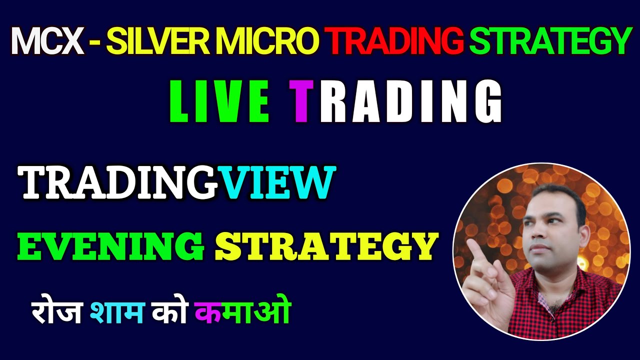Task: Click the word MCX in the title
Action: coord(47,41)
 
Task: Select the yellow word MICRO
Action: coord(272,41)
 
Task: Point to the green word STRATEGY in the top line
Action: coord(549,41)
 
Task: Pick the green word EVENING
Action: coord(110,246)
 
